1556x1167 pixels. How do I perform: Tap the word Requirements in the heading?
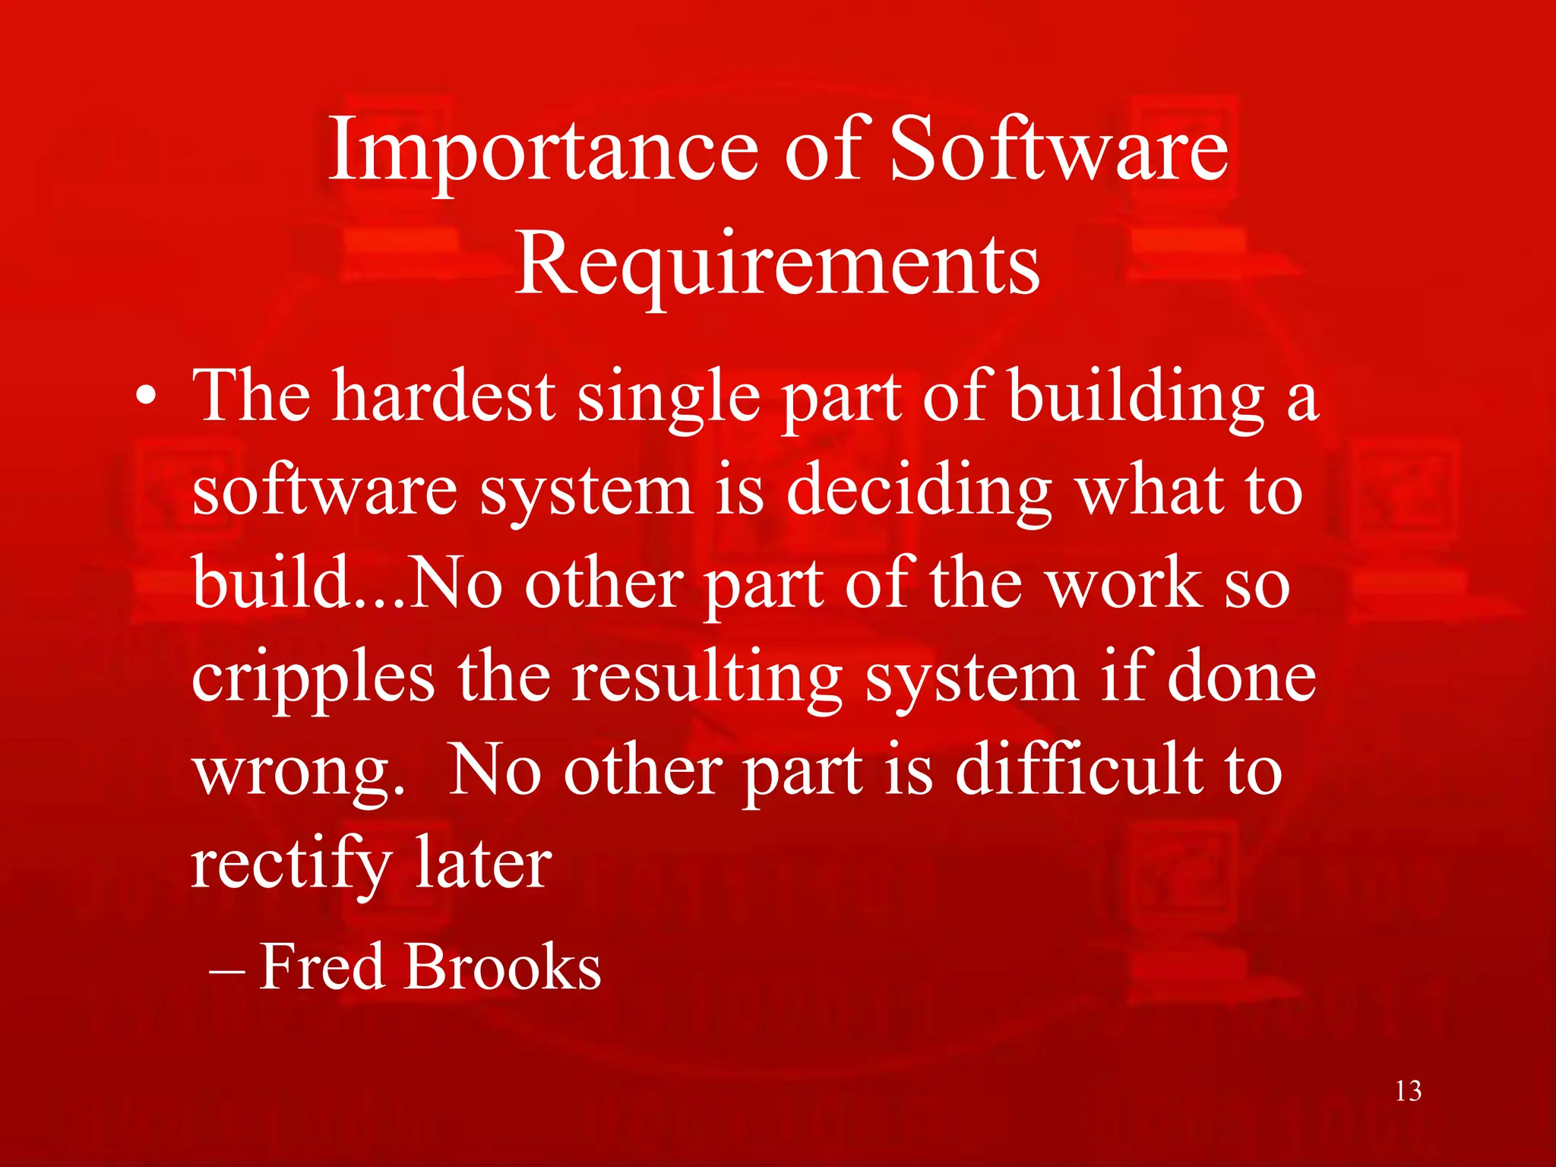coord(777,264)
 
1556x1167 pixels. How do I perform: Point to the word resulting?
coord(707,678)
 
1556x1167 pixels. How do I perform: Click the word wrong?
coord(297,773)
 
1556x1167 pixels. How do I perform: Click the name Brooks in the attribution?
coord(503,967)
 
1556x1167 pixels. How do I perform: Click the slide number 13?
coord(1408,1092)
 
